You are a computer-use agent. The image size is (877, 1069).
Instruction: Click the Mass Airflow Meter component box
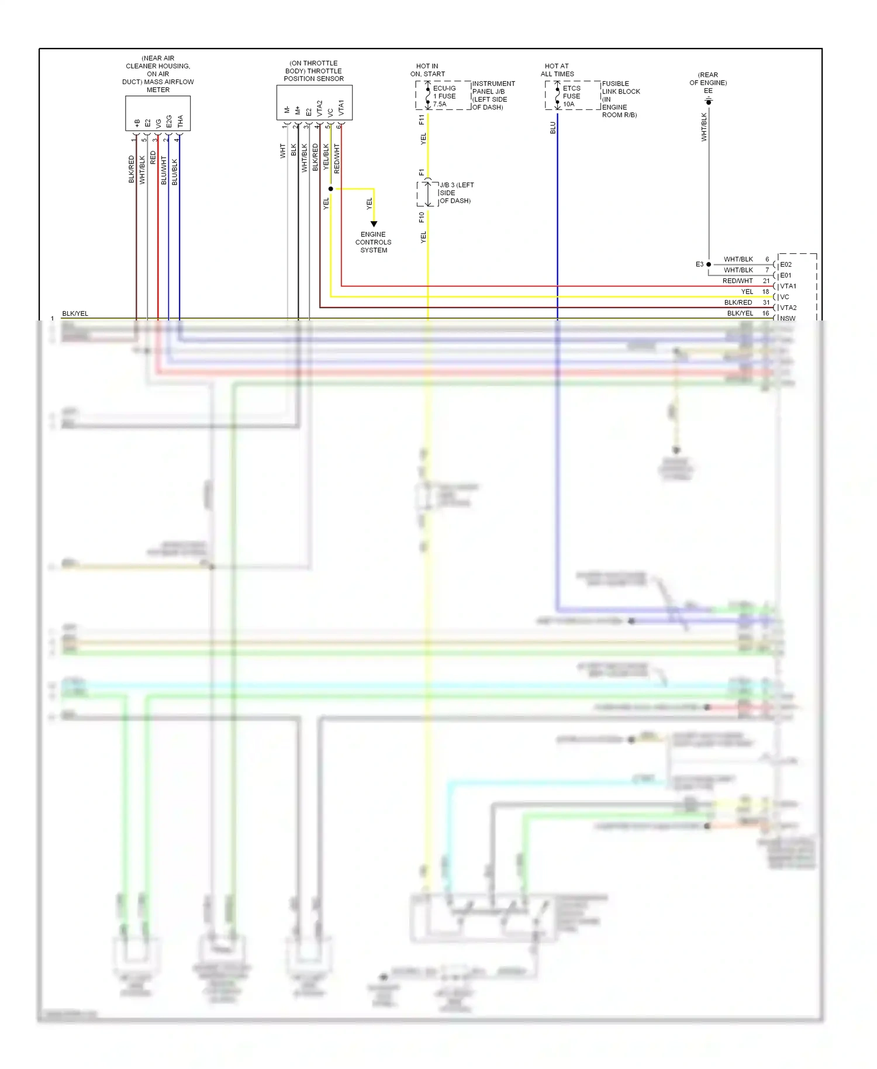158,113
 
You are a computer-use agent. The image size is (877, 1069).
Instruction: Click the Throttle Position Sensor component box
314,102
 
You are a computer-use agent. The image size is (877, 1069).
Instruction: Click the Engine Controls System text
373,242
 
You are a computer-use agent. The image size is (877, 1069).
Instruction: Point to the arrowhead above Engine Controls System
374,224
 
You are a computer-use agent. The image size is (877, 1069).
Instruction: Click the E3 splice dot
709,264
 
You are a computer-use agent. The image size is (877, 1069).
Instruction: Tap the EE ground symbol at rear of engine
709,101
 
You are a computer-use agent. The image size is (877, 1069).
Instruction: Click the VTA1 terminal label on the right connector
788,286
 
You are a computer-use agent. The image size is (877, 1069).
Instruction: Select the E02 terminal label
786,264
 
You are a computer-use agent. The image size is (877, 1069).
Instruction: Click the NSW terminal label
788,318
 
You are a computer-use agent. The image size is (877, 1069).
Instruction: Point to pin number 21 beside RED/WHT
766,281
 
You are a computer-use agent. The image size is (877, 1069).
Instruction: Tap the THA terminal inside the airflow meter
180,121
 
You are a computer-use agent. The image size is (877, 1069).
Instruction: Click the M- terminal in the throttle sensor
287,110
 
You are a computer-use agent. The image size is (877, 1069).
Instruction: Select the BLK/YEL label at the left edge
75,313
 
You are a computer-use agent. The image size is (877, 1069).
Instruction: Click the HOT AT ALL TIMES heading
557,70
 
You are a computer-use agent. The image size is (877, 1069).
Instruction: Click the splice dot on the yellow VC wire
331,189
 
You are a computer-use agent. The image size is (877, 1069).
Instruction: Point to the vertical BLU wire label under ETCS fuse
553,127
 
